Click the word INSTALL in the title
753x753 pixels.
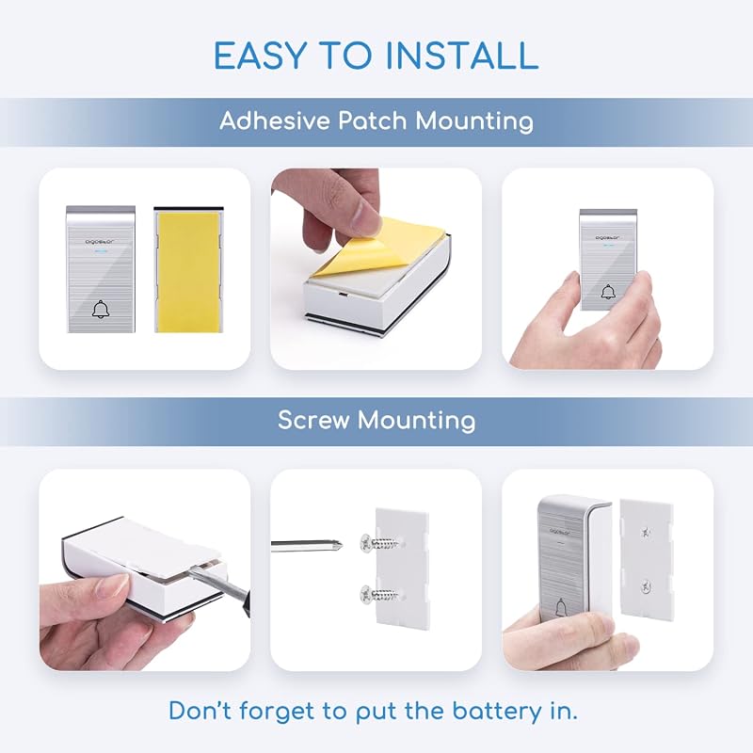462,56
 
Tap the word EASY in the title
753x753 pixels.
260,56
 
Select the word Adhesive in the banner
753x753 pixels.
274,120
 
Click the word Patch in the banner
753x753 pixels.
373,120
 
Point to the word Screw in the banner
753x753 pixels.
313,420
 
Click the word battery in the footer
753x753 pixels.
497,711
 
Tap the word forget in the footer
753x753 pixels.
276,711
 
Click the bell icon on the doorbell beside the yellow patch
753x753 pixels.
101,310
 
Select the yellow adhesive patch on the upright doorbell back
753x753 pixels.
189,272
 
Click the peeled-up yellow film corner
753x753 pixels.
350,249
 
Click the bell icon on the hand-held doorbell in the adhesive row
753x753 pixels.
608,292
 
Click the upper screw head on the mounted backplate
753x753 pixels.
646,532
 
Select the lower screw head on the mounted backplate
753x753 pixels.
646,585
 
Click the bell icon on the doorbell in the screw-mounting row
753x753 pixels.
560,608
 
